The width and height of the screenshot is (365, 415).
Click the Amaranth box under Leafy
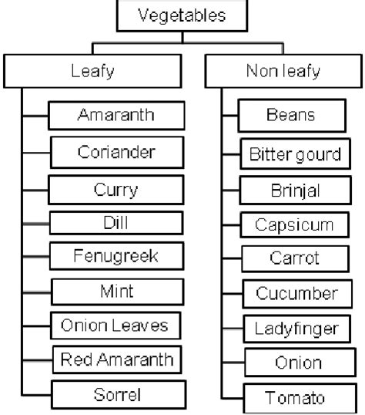coord(116,116)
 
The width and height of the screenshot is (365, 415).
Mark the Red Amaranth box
coord(118,359)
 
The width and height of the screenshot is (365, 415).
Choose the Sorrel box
coord(117,395)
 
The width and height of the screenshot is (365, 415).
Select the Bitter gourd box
coord(294,154)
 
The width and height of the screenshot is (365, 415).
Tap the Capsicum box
coord(294,225)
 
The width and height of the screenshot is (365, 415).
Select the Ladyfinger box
coord(295,329)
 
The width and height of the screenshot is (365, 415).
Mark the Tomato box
coord(294,398)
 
